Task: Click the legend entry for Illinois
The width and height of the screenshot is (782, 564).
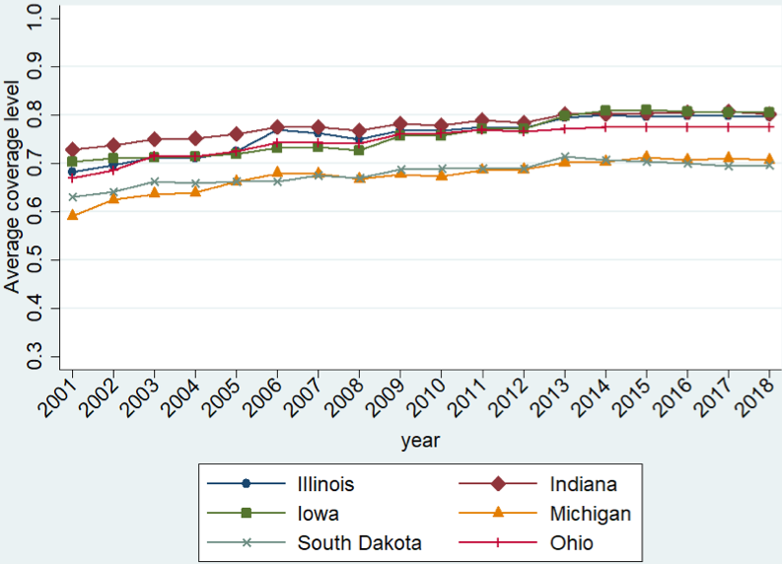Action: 324,484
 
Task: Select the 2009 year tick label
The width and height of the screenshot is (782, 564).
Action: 392,398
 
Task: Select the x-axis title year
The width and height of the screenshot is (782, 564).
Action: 420,440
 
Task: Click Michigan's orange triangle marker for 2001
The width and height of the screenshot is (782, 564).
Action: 72,214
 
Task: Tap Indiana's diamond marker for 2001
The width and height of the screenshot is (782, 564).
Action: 72,150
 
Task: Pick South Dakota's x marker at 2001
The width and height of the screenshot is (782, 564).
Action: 72,197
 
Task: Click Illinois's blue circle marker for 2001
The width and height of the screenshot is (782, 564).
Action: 72,172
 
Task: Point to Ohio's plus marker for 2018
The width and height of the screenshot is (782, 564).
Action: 768,126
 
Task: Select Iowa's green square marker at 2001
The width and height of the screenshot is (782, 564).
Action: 72,162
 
